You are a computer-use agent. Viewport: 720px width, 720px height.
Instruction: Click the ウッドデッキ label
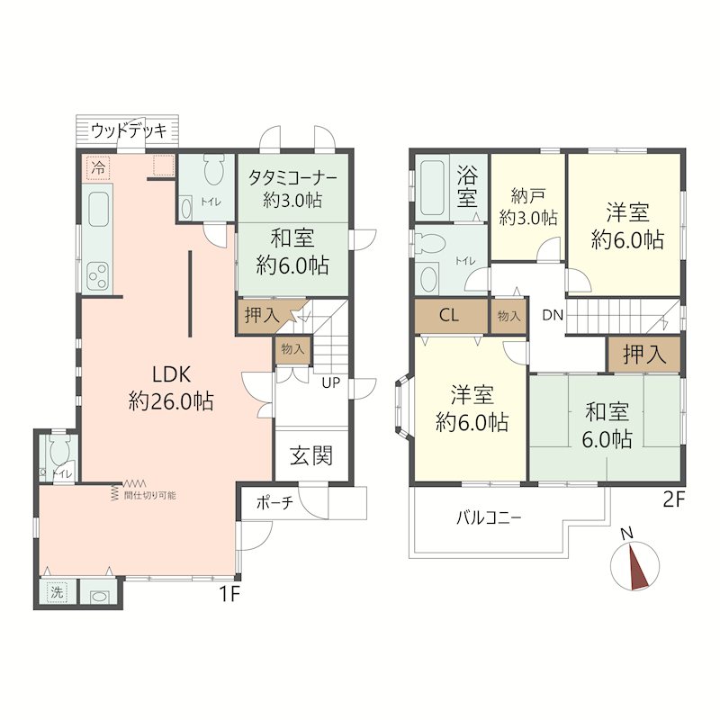pos(129,131)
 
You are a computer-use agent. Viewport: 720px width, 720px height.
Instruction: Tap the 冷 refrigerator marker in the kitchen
pos(98,167)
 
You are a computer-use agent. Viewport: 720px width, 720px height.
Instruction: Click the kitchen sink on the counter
pos(98,210)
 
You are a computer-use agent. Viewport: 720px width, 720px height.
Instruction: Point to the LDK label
pos(171,374)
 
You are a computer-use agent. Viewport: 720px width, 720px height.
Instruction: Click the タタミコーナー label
pos(293,177)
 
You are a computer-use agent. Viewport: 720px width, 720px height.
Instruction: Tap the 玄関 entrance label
pos(311,455)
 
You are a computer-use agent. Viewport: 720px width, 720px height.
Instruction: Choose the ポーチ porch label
pos(274,503)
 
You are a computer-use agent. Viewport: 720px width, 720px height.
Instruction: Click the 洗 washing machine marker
pos(57,592)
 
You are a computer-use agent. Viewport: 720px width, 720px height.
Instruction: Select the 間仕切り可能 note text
pos(149,496)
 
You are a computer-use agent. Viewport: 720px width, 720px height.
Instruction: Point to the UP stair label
pos(330,382)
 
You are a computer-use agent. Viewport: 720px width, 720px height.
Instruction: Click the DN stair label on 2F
pos(553,315)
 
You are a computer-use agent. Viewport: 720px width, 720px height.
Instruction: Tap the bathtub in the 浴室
pos(432,187)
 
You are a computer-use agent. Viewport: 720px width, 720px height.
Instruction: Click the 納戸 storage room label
pos(528,196)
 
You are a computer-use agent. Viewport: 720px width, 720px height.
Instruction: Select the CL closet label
pos(448,316)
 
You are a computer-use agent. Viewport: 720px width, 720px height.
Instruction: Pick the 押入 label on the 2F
pos(644,354)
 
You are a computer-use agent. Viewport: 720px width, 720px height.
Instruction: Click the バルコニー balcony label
pos(489,518)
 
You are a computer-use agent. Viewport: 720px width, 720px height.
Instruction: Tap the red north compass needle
pos(639,566)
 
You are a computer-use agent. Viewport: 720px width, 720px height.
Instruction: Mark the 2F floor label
pos(674,499)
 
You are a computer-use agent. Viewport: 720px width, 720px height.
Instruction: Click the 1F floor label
pos(229,594)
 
